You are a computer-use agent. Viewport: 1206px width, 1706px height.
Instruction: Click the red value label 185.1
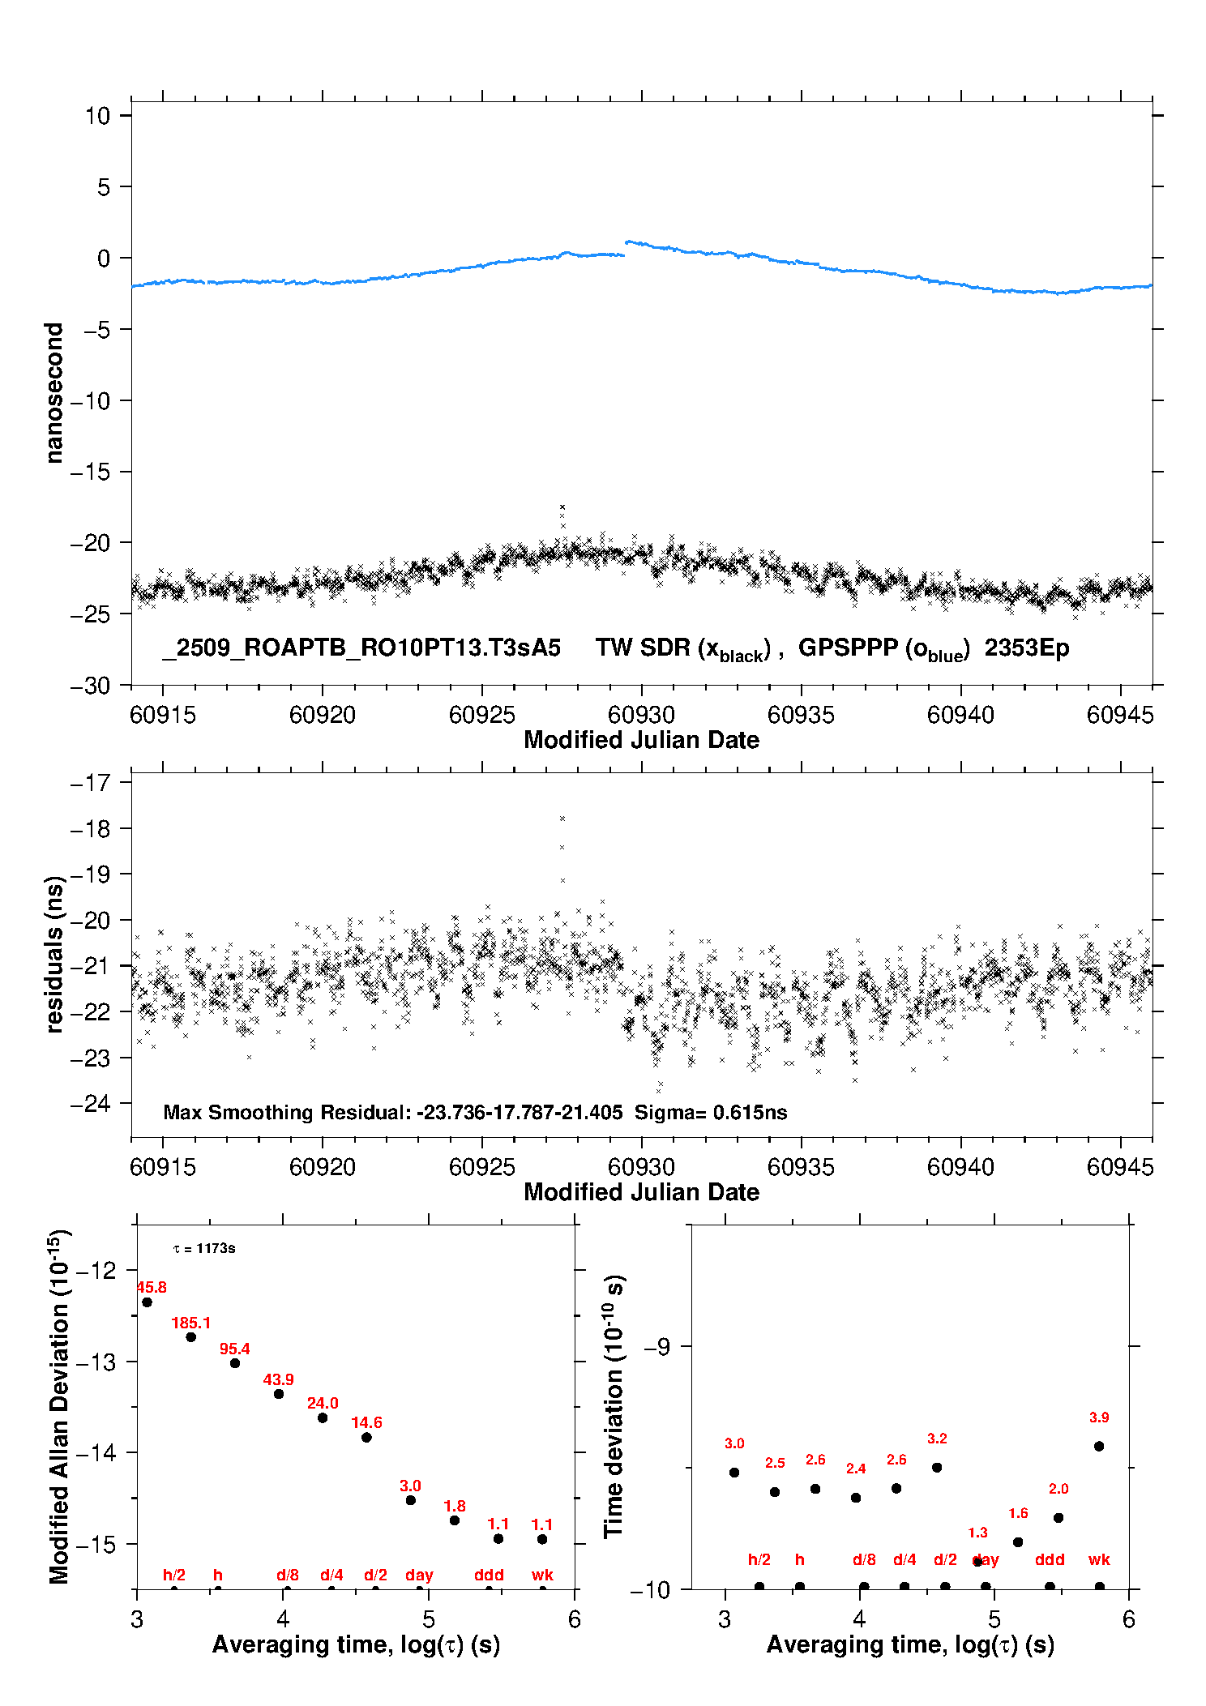[190, 1323]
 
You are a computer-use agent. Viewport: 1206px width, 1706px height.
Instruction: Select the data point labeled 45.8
[147, 1302]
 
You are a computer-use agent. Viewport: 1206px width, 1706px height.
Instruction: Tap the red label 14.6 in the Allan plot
[366, 1422]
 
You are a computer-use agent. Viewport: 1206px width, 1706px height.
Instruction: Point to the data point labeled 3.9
[1099, 1446]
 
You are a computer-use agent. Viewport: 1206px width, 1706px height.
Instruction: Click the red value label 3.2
[937, 1439]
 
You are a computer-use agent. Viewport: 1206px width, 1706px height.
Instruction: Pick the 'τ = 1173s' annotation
[204, 1248]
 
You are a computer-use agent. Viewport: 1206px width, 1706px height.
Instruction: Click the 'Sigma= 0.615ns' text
[711, 1112]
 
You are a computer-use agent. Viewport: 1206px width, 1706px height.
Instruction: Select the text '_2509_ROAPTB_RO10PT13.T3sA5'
[361, 648]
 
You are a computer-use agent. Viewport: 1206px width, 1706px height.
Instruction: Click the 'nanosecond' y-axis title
[54, 392]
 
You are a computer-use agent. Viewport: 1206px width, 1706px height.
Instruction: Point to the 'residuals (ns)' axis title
[54, 954]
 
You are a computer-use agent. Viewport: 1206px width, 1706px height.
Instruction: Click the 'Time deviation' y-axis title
[614, 1406]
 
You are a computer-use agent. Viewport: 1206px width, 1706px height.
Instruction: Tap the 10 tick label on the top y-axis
[98, 116]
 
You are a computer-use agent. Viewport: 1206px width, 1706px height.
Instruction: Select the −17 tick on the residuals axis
[91, 783]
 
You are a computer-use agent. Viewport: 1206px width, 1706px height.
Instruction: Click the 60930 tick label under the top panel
[641, 715]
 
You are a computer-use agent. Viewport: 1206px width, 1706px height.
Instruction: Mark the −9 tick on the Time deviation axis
[657, 1347]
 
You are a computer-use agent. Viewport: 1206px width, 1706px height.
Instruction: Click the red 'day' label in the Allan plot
[419, 1575]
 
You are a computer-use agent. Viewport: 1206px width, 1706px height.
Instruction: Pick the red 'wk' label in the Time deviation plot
[1099, 1559]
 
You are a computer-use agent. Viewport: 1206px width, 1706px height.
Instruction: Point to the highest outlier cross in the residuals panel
[562, 819]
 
